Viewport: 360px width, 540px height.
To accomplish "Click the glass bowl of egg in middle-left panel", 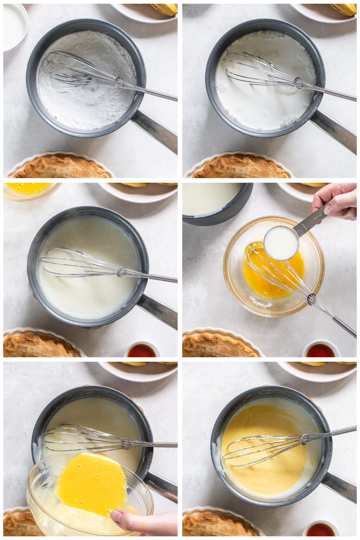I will (x=28, y=190).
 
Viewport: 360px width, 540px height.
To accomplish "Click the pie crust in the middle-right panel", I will (x=214, y=345).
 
